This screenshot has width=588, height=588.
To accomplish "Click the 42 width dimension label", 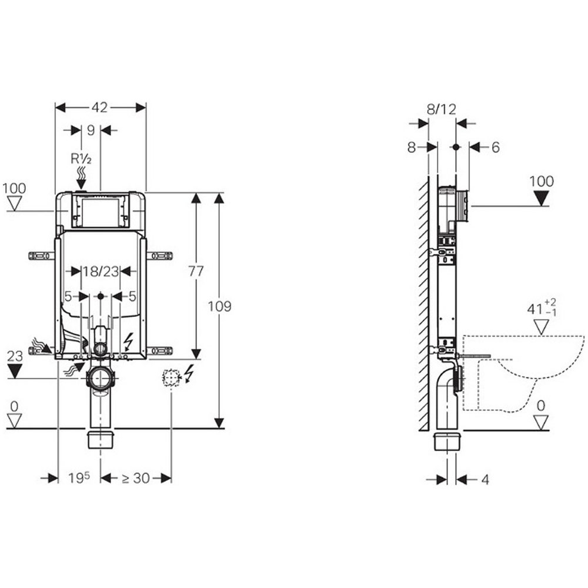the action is (100, 108).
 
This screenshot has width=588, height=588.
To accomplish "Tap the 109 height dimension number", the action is (220, 306).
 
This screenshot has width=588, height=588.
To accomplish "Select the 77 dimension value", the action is (196, 271).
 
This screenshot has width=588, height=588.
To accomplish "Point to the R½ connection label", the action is (81, 159).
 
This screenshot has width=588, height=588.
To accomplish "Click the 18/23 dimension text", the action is (101, 271).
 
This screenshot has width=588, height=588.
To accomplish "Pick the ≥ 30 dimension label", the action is (136, 478).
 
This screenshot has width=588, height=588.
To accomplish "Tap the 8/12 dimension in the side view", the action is (442, 109).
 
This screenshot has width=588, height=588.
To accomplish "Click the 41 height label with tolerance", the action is (542, 308).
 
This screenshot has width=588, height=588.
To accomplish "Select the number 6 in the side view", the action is (495, 148).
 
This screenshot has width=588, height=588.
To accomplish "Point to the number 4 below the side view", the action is (485, 479).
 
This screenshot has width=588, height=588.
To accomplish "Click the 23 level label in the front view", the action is (15, 356).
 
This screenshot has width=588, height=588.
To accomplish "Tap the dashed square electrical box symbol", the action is (171, 377).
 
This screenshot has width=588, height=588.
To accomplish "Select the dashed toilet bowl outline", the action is (523, 373).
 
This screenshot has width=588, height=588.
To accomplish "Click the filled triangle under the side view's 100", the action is (541, 198).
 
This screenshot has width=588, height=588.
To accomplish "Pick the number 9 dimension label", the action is (91, 130).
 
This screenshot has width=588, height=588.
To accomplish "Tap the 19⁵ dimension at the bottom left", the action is (79, 477).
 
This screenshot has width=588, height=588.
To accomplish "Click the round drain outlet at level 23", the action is (100, 378).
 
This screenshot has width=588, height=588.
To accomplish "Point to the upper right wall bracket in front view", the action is (159, 256).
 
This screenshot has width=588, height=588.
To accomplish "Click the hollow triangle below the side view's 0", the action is (541, 422).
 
